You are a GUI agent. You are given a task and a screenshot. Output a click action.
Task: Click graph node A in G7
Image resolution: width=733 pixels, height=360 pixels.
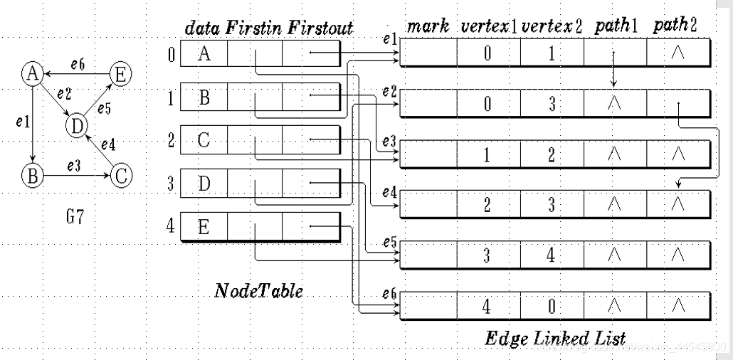click(x=31, y=73)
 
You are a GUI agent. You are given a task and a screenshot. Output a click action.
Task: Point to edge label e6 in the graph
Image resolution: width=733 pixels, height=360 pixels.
click(x=78, y=63)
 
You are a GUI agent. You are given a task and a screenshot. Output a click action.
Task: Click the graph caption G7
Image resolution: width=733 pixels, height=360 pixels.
click(x=75, y=216)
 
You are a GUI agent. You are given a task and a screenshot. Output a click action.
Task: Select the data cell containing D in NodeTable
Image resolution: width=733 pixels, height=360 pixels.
click(x=204, y=184)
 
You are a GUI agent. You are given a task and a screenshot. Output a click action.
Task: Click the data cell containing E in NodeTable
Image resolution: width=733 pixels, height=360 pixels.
click(x=204, y=228)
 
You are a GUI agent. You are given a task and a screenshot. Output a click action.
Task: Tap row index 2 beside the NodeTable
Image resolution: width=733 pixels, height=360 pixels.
click(x=171, y=139)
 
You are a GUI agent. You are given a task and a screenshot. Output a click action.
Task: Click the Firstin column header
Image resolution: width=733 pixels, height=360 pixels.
click(x=255, y=28)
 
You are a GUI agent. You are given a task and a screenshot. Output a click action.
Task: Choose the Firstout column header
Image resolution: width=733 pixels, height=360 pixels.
click(x=320, y=28)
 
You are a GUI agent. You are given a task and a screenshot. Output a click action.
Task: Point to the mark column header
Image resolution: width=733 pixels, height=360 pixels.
click(x=428, y=26)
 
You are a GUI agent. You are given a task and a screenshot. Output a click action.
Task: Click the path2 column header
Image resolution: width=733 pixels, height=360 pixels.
click(x=675, y=26)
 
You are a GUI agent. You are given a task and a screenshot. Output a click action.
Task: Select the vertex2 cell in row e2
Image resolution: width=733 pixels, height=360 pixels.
click(x=552, y=105)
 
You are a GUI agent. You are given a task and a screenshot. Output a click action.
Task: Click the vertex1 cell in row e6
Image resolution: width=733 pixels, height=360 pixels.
click(x=487, y=307)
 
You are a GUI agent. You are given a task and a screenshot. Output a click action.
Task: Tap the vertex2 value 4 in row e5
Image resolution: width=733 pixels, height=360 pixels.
click(x=552, y=256)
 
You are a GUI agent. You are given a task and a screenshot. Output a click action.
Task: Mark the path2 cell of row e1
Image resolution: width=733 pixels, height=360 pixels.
click(x=677, y=53)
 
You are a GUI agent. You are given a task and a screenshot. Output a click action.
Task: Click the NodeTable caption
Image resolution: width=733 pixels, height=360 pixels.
click(x=258, y=291)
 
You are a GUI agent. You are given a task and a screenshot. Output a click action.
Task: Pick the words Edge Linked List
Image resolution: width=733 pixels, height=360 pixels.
click(x=555, y=337)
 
